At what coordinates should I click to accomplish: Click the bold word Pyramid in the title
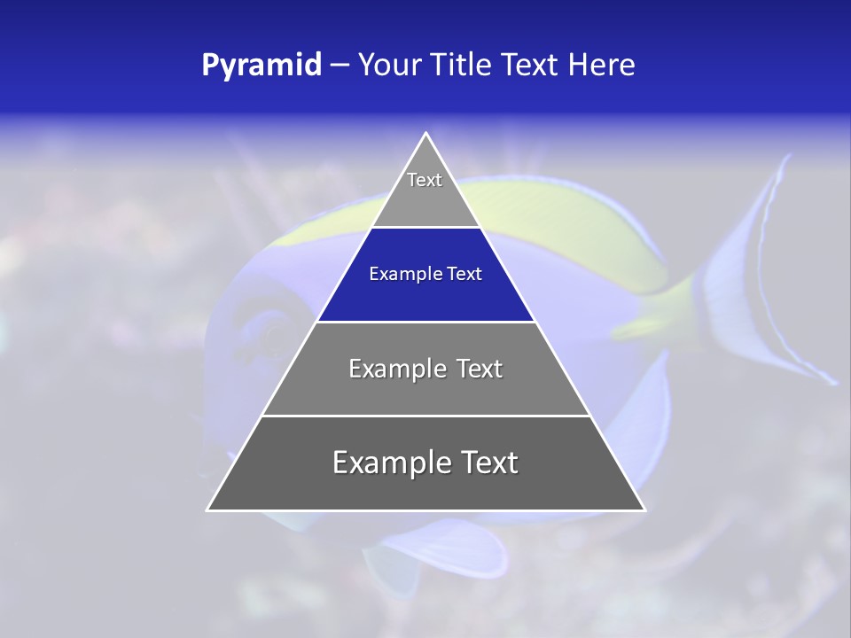(262, 66)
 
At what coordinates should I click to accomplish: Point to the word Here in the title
(601, 66)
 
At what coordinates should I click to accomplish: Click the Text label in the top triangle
(425, 180)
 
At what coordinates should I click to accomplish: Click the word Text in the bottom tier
(488, 463)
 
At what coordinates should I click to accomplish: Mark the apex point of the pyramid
(426, 134)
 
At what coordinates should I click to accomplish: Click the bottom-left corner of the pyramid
(207, 510)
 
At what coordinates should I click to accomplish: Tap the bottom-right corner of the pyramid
(644, 510)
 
